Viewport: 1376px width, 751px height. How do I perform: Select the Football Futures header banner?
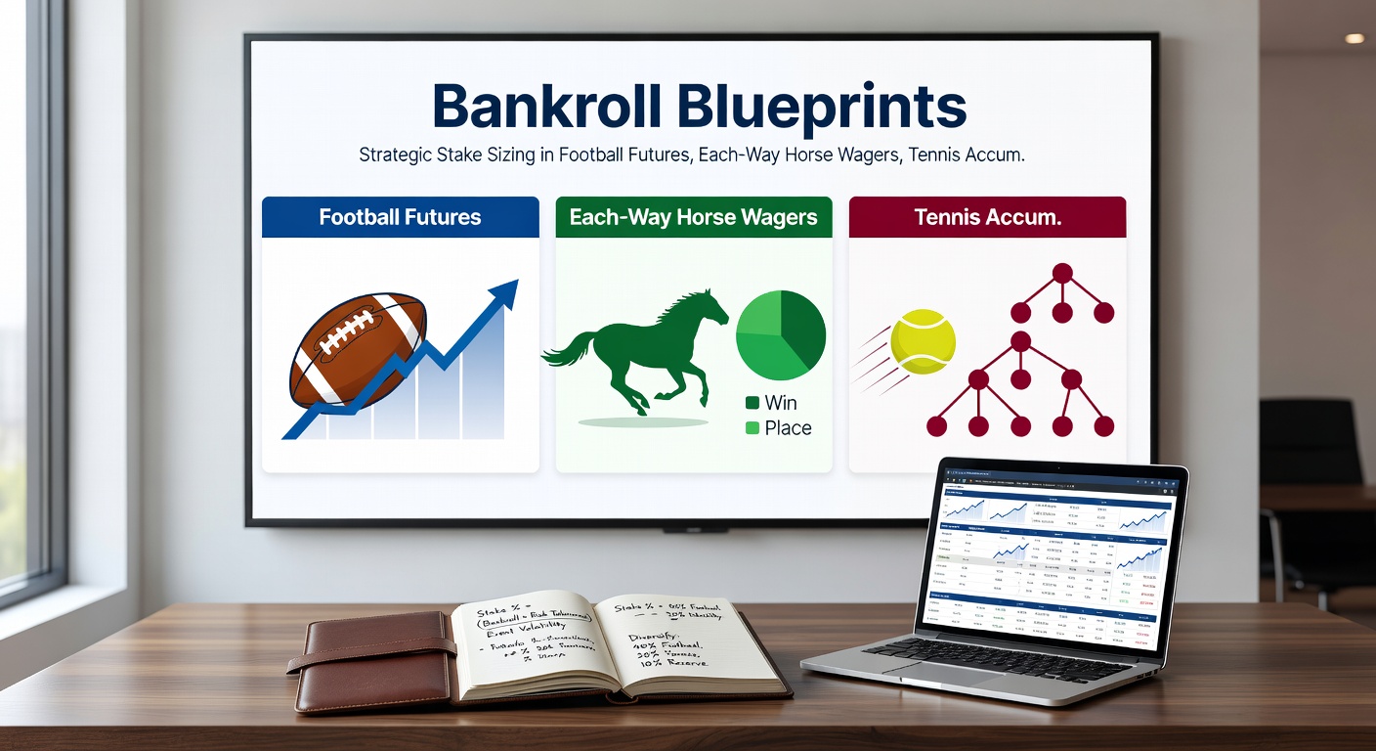[400, 217]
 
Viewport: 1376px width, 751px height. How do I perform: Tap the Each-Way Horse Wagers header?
[693, 217]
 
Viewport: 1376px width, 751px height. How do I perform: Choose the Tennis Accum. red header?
[987, 217]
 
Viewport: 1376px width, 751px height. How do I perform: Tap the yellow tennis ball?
[923, 342]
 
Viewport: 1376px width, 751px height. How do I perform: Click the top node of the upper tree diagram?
[1062, 273]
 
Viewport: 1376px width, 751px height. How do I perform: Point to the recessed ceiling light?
[1354, 38]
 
